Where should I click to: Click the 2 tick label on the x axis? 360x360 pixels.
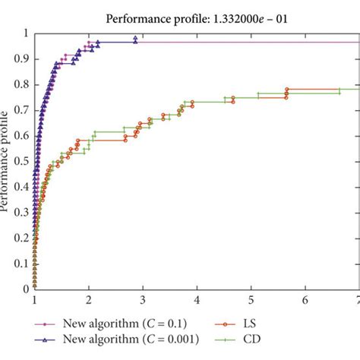pyautogui.click(x=89, y=300)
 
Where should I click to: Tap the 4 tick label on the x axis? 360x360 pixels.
pyautogui.click(x=197, y=300)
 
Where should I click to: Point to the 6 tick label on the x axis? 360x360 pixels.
pyautogui.click(x=305, y=300)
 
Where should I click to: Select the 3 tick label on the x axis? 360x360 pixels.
pyautogui.click(x=143, y=300)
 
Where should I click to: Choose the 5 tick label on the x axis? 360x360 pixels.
pyautogui.click(x=251, y=300)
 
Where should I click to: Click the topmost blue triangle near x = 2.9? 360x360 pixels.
pyautogui.click(x=135, y=39)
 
